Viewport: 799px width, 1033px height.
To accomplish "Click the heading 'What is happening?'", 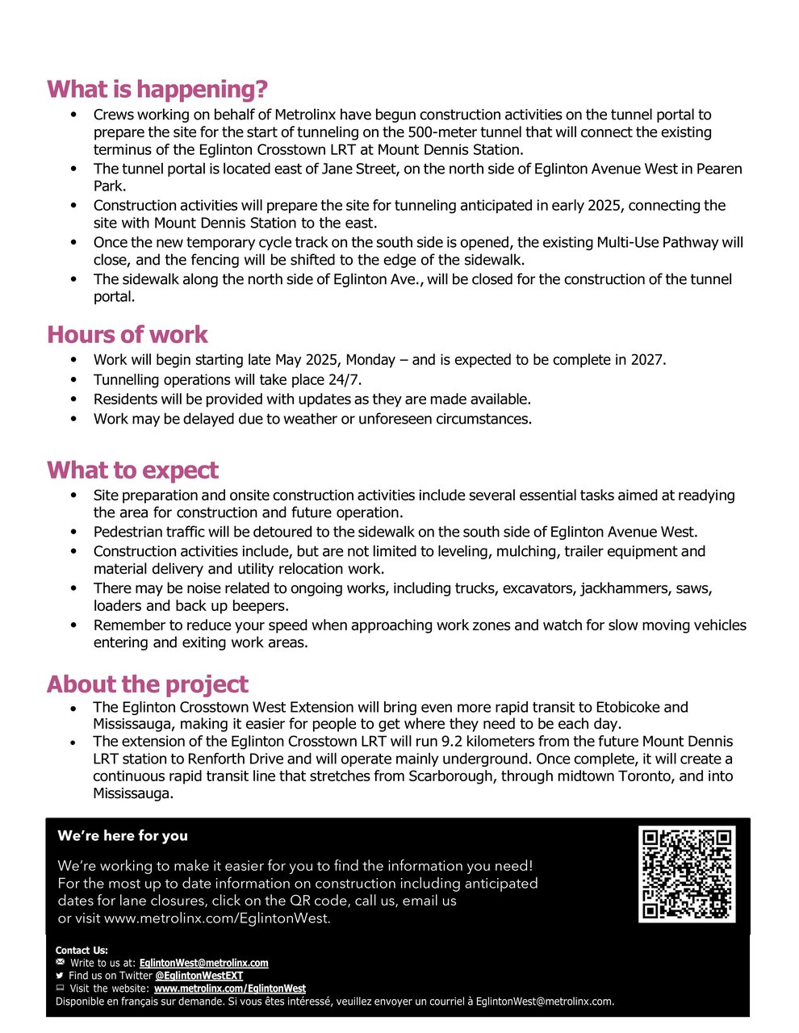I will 157,90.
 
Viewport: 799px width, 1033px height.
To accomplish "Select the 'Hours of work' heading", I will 127,335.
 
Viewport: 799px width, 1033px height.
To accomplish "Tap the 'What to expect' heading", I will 132,470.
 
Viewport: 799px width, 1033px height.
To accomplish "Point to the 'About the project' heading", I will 147,684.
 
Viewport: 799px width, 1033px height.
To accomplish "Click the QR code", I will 686,874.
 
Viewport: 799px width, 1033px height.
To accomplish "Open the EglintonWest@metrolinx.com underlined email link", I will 203,963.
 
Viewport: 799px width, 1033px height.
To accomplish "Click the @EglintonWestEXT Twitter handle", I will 199,976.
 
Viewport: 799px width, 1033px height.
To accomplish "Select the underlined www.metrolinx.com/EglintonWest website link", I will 230,989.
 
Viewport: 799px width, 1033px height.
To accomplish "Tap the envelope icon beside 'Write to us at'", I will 60,963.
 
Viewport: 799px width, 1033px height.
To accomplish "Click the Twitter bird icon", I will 60,976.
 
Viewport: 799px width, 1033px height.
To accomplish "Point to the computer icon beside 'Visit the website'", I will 60,989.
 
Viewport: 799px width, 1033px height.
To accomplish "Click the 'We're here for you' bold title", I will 123,836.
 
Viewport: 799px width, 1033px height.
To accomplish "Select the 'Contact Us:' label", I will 82,951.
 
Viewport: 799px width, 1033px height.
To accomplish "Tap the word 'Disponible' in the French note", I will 79,1002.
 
